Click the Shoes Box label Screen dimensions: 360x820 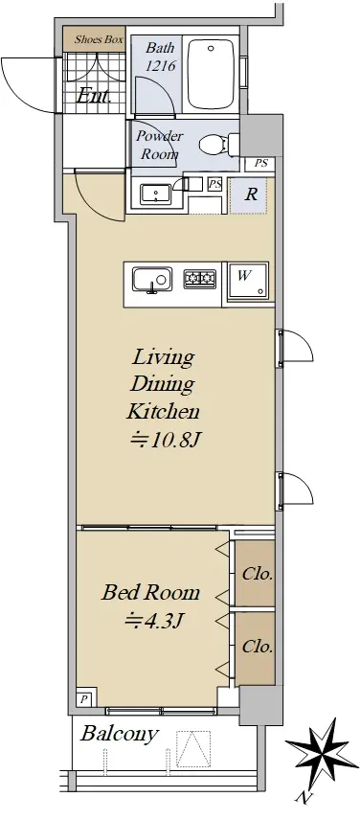click(x=99, y=39)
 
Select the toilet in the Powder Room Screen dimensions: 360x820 click(x=219, y=143)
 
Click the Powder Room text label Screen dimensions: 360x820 click(x=160, y=145)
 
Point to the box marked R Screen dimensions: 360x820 click(x=249, y=194)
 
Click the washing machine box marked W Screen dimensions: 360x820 click(x=245, y=284)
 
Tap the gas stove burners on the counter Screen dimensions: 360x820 click(x=199, y=279)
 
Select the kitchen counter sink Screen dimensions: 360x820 click(x=152, y=280)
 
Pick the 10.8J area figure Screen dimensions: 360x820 click(x=166, y=441)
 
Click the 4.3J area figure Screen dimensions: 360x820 click(x=152, y=621)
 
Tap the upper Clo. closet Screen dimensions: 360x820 click(x=256, y=574)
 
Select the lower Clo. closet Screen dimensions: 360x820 click(x=256, y=648)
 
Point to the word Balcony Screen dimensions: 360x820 click(x=118, y=734)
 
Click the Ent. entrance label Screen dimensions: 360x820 click(x=94, y=96)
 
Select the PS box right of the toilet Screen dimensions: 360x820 click(x=260, y=163)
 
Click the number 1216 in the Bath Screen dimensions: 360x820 click(x=161, y=66)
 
